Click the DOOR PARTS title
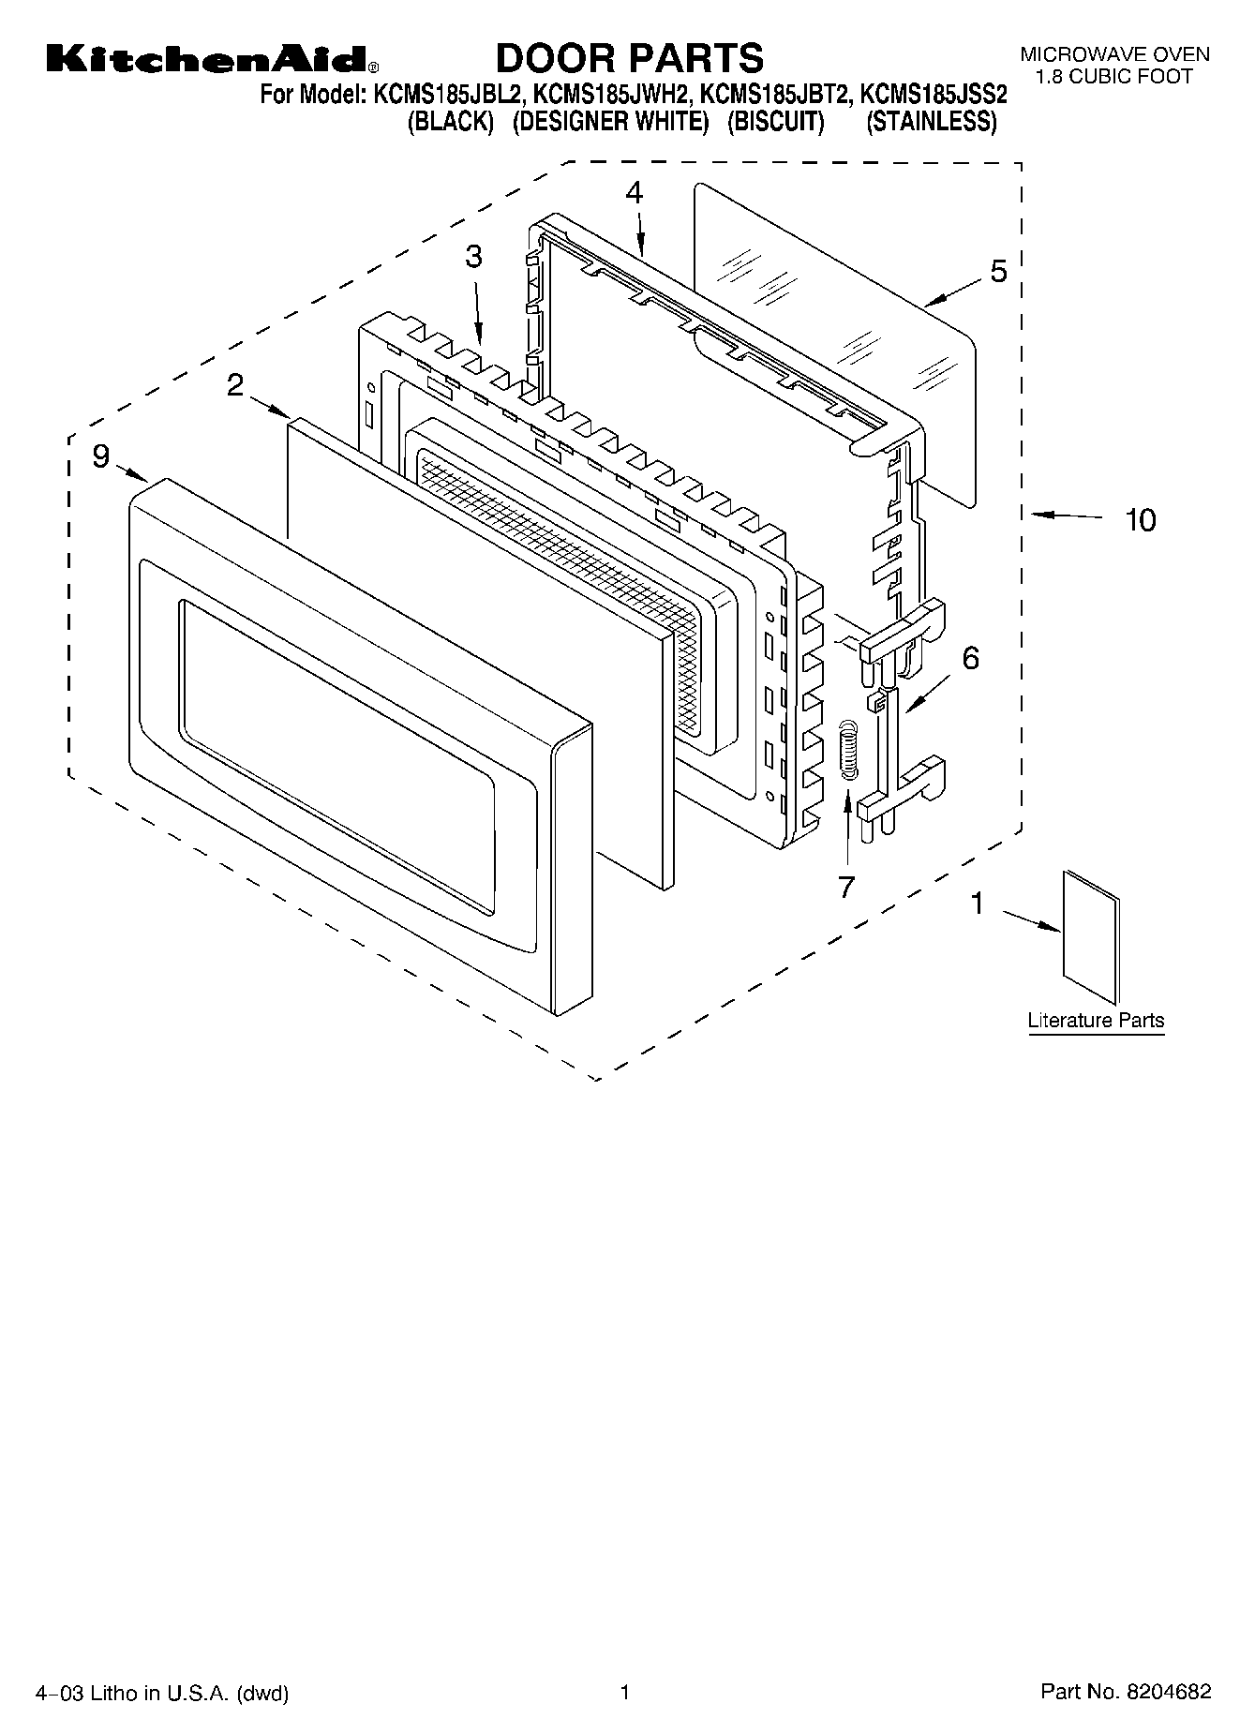(629, 58)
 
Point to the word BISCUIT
(775, 122)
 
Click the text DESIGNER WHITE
(610, 122)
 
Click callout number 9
(101, 456)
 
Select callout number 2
(235, 385)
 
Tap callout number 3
(474, 256)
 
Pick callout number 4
(635, 193)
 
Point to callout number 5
(998, 272)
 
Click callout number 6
(970, 658)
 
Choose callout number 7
(846, 886)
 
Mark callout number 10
(1141, 519)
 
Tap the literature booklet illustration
(1091, 938)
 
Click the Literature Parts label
(1096, 1020)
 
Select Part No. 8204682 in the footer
(1126, 1692)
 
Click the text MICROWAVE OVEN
(1114, 55)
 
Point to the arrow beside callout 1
(1032, 919)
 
